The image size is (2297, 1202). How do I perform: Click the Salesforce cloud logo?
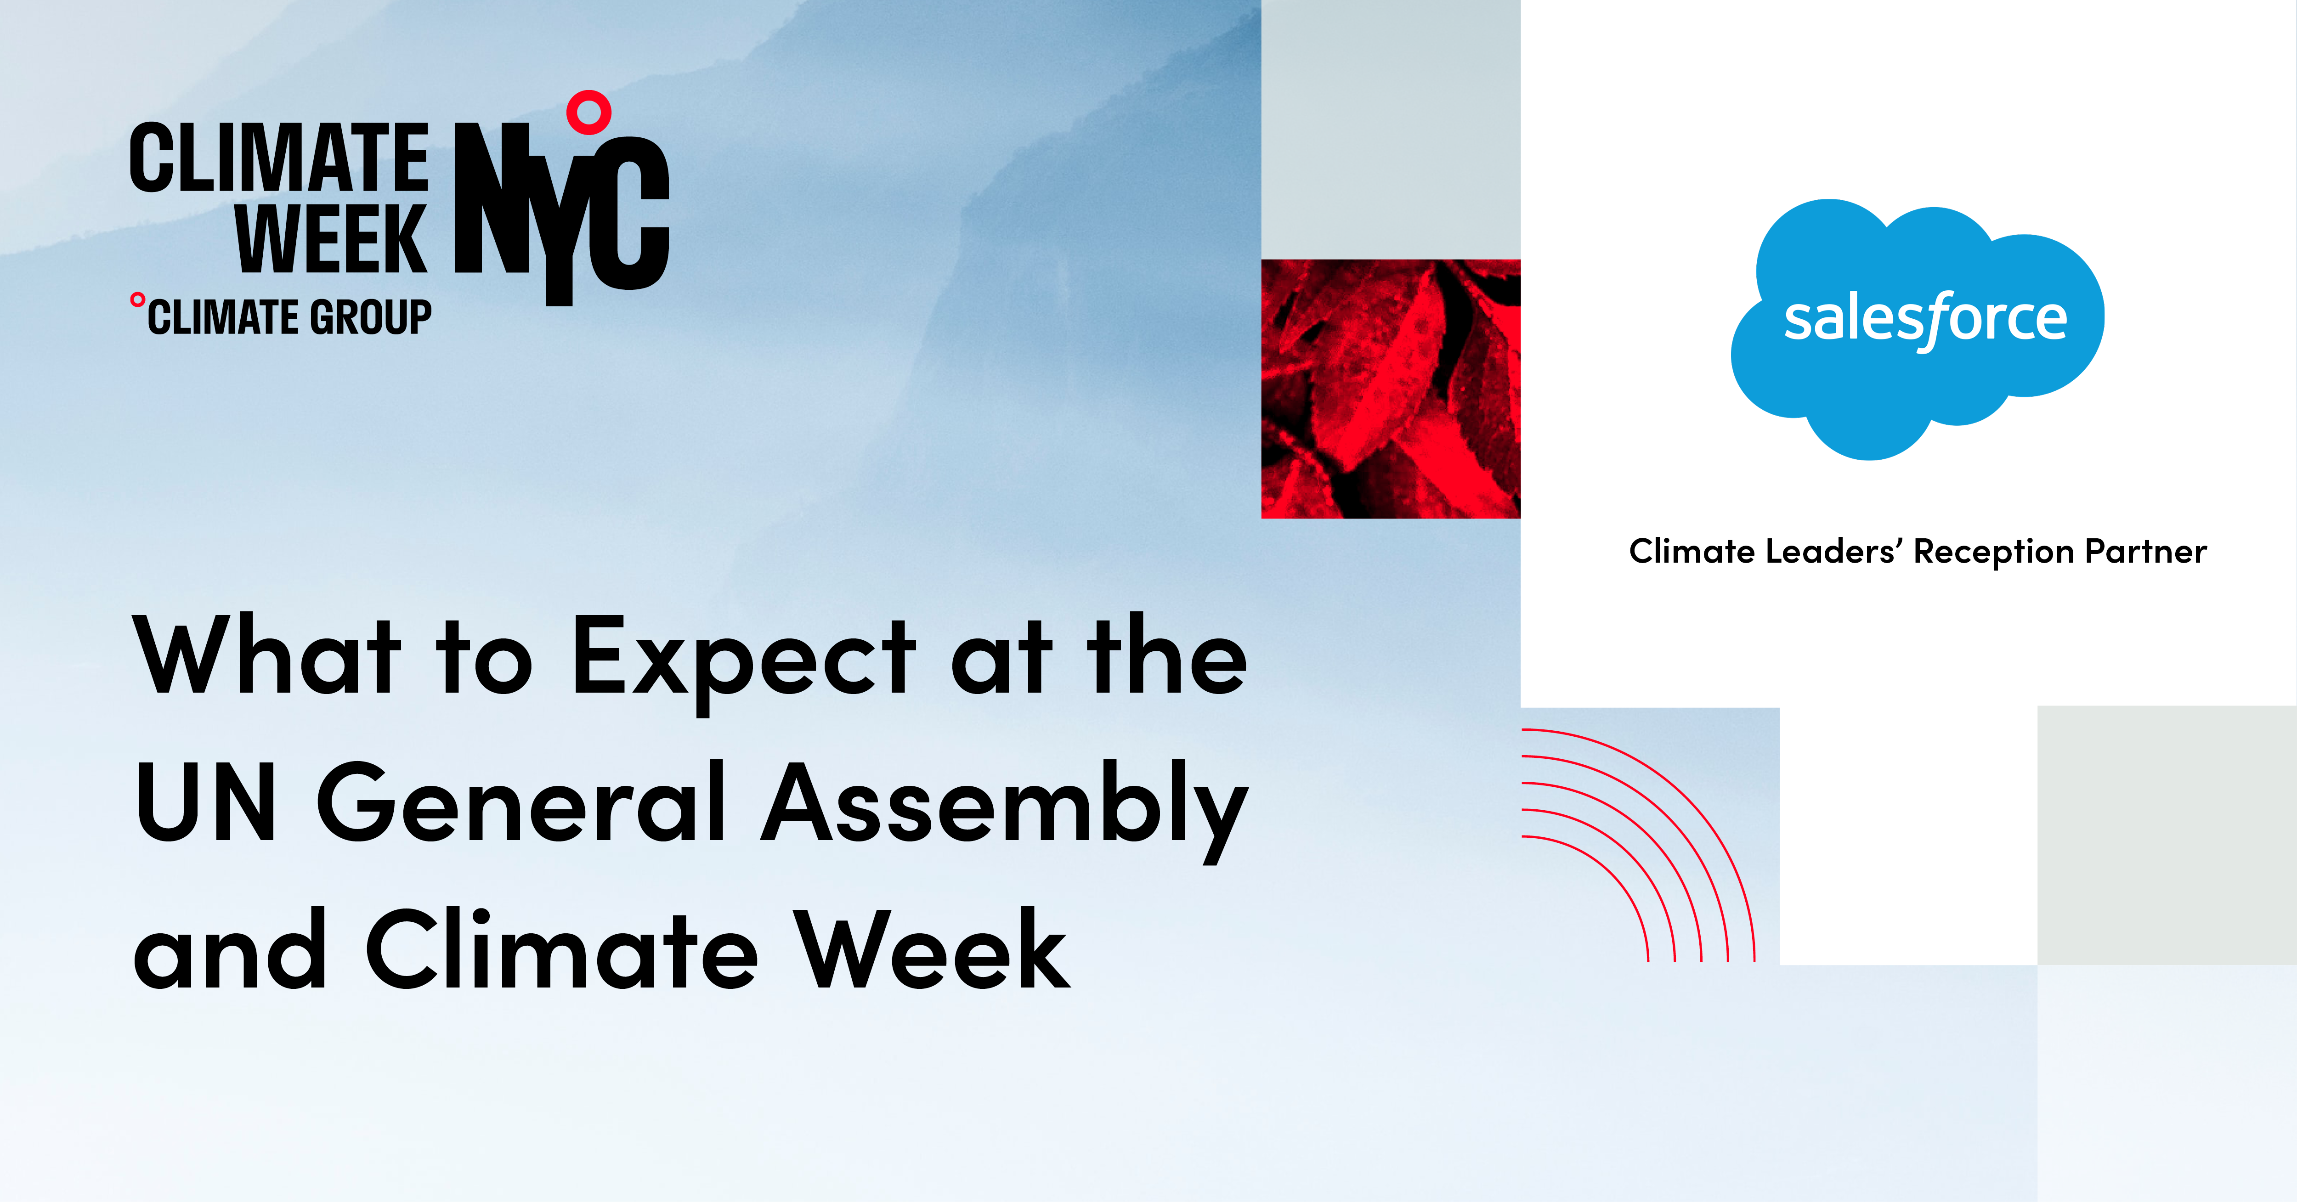coord(1917,326)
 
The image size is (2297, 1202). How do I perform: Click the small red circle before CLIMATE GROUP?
coord(137,299)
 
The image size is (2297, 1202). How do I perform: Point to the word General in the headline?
coord(521,802)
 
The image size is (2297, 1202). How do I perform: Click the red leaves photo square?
coord(1390,389)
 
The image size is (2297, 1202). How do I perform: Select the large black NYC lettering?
coord(562,209)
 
